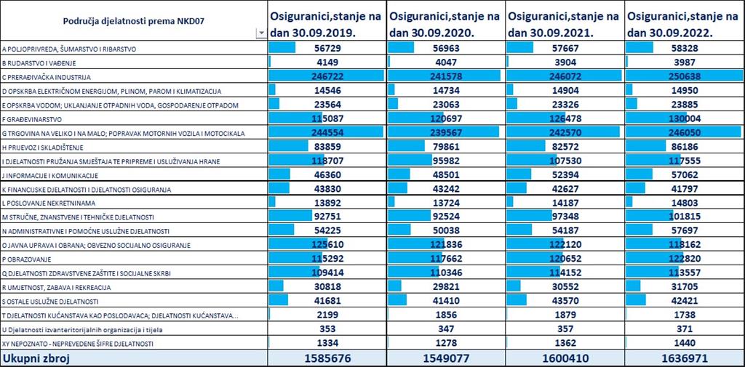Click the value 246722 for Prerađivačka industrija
pyautogui.click(x=327, y=76)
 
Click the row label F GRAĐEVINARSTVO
pyautogui.click(x=33, y=119)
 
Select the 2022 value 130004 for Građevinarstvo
pyautogui.click(x=684, y=118)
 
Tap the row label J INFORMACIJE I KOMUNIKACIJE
pyautogui.click(x=50, y=176)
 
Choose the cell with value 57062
pyautogui.click(x=684, y=175)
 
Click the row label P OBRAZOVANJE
pyautogui.click(x=27, y=259)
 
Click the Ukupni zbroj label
pyautogui.click(x=36, y=358)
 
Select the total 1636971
pyautogui.click(x=684, y=358)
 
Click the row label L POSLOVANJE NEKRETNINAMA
pyautogui.click(x=49, y=203)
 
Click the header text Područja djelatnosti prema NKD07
pyautogui.click(x=134, y=20)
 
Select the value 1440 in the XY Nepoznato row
pyautogui.click(x=684, y=343)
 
